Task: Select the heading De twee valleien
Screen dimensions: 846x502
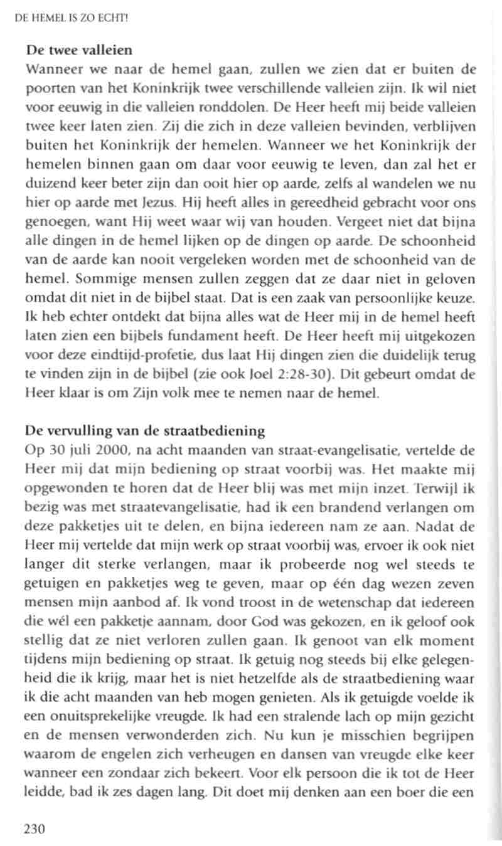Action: [78, 49]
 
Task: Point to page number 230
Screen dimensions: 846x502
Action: [35, 829]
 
